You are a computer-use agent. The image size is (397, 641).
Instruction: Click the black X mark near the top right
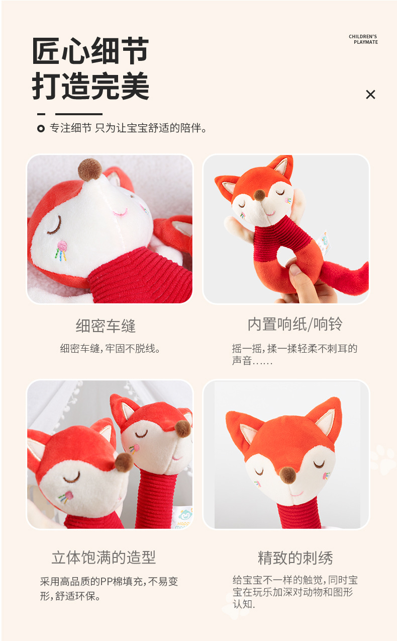(x=370, y=95)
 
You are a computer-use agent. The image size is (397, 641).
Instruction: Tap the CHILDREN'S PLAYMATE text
(x=363, y=39)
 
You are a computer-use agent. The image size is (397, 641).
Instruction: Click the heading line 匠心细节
(x=90, y=51)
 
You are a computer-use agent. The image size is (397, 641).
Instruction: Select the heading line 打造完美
(x=90, y=87)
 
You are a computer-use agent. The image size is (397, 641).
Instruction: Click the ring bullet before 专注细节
(x=41, y=129)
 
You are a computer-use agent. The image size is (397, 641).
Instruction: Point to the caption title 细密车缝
(x=106, y=326)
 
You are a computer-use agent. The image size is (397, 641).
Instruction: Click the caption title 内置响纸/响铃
(x=295, y=325)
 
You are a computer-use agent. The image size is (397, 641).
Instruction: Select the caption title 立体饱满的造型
(x=104, y=557)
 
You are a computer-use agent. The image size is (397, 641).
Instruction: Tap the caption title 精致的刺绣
(x=295, y=558)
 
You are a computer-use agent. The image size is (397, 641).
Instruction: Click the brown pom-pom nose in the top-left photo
(x=89, y=170)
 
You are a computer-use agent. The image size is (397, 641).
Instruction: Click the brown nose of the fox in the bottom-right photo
(x=287, y=474)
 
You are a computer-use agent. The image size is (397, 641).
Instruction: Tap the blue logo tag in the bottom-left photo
(x=185, y=516)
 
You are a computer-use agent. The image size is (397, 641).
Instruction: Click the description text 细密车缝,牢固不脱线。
(x=111, y=348)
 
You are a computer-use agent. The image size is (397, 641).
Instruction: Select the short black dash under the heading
(x=41, y=114)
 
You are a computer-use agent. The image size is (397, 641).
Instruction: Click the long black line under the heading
(x=78, y=114)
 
